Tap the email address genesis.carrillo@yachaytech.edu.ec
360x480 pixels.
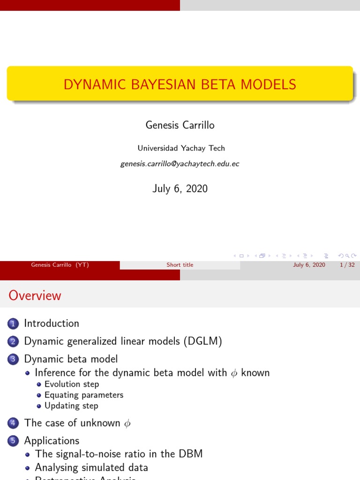pyautogui.click(x=180, y=164)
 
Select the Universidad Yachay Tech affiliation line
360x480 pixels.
pyautogui.click(x=181, y=148)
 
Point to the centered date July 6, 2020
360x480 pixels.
pyautogui.click(x=180, y=188)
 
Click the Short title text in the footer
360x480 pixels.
pyautogui.click(x=180, y=265)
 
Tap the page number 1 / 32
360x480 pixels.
pyautogui.click(x=346, y=265)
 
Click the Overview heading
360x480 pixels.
pyautogui.click(x=35, y=296)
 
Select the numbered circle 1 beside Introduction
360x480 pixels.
pyautogui.click(x=13, y=323)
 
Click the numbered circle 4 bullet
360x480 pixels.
pyautogui.click(x=13, y=423)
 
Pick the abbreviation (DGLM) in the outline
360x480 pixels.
pyautogui.click(x=203, y=341)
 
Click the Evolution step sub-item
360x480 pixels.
pyautogui.click(x=72, y=384)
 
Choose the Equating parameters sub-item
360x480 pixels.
pyautogui.click(x=84, y=395)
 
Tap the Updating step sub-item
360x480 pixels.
pyautogui.click(x=71, y=406)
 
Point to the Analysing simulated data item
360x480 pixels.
pyautogui.click(x=91, y=467)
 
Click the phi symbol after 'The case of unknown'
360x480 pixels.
pyautogui.click(x=127, y=423)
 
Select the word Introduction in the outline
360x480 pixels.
pyautogui.click(x=52, y=323)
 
